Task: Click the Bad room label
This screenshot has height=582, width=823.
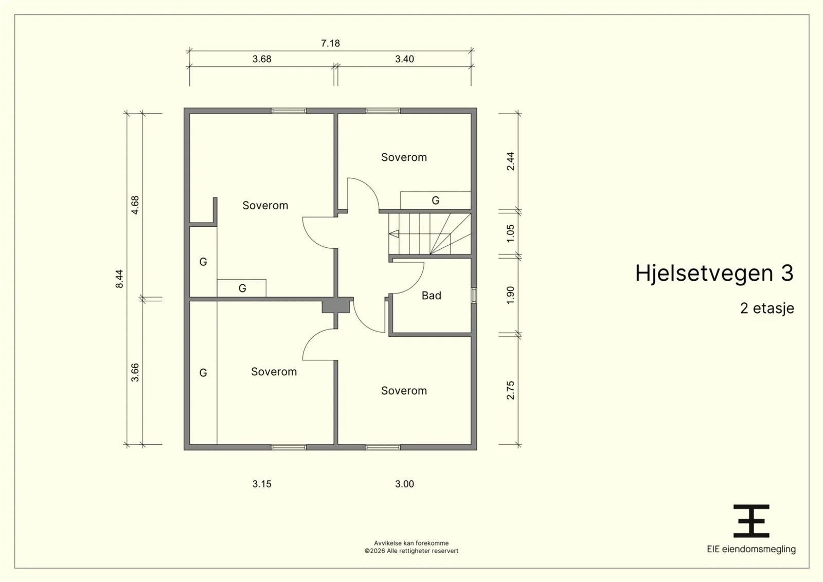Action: pos(432,296)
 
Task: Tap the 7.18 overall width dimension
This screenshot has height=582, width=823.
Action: pos(330,43)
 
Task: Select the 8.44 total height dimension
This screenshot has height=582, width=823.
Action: pos(119,279)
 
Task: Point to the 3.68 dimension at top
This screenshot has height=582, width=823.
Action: pos(262,59)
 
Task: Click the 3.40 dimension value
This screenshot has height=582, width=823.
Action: pos(404,59)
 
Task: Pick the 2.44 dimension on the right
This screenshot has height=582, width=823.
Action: pos(510,161)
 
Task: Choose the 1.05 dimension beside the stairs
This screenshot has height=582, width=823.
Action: pos(510,233)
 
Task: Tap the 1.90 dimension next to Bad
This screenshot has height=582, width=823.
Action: pos(510,296)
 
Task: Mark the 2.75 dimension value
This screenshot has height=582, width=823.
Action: pos(510,390)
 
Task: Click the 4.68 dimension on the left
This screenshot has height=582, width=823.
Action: pos(135,205)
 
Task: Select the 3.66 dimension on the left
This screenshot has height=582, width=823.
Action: pos(135,372)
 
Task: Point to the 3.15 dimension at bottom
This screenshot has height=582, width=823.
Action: pos(262,484)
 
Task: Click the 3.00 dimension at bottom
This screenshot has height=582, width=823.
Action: pos(404,484)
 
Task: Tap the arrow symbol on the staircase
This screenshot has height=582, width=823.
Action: pos(394,233)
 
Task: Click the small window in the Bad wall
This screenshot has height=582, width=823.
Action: pos(474,296)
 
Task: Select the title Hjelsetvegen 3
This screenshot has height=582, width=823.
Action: pos(714,274)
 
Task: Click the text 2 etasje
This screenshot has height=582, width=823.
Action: pos(767,308)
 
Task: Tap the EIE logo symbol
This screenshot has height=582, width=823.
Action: pos(752,521)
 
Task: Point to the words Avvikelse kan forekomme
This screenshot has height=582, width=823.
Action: pos(411,543)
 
